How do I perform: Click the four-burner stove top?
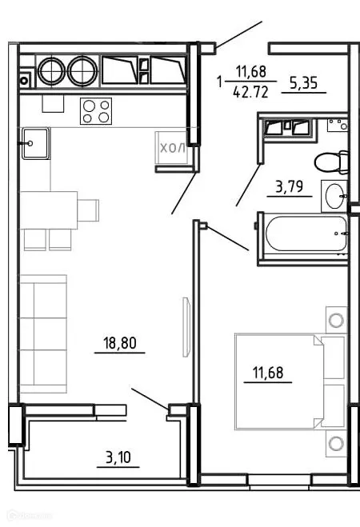click(x=95, y=111)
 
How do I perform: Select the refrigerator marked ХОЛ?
click(x=173, y=149)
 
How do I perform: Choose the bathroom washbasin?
click(x=334, y=194)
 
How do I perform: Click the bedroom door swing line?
click(x=229, y=239)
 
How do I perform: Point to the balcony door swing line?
click(x=149, y=397)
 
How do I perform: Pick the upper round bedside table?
click(x=336, y=320)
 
